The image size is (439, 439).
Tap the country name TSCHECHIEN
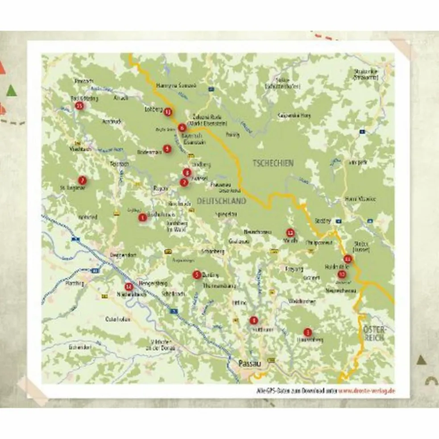273,163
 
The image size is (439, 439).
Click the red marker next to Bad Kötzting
79,106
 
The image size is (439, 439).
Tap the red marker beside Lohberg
168,112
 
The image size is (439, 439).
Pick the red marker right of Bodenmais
167,149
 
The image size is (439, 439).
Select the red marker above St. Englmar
82,180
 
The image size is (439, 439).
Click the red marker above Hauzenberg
306,332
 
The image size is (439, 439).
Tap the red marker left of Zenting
196,275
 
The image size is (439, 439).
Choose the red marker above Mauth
290,232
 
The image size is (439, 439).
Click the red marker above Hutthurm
253,320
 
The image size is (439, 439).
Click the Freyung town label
294,269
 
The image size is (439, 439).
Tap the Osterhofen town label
117,319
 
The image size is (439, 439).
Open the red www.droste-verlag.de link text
367,391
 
